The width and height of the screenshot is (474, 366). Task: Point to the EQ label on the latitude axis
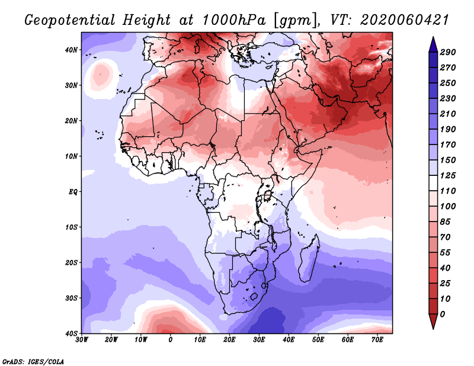pyautogui.click(x=73, y=192)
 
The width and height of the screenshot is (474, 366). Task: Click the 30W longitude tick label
pyautogui.click(x=82, y=339)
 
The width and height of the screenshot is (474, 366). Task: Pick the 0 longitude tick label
pyautogui.click(x=171, y=339)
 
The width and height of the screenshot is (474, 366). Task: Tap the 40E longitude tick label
pyautogui.click(x=289, y=339)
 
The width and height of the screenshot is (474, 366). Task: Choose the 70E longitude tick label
pyautogui.click(x=377, y=339)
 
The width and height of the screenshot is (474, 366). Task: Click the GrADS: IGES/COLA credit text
pyautogui.click(x=33, y=361)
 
